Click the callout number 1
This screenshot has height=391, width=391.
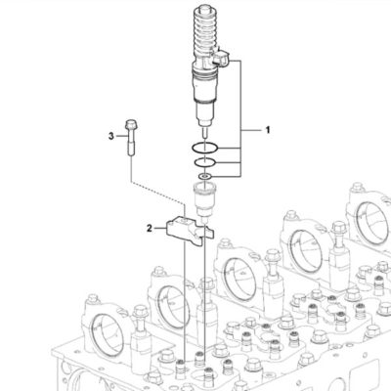point(268,130)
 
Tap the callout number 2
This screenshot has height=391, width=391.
point(150,229)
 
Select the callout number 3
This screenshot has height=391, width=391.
point(111,136)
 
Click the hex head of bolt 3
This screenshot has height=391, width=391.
point(130,124)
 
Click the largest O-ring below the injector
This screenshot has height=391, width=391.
point(204,149)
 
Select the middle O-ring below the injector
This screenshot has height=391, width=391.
point(204,162)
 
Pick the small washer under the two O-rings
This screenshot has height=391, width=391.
point(205,177)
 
